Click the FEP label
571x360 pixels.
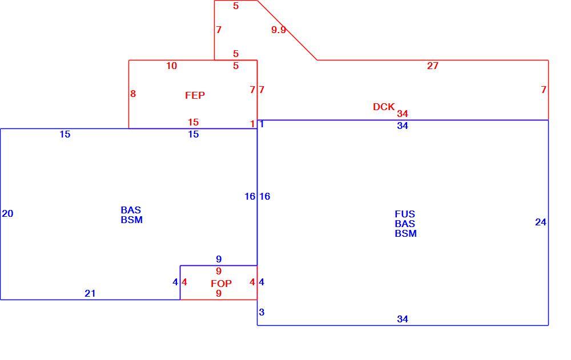pyautogui.click(x=195, y=95)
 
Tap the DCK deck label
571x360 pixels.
pyautogui.click(x=384, y=107)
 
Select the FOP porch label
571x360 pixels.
pyautogui.click(x=221, y=283)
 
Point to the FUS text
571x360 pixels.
pyautogui.click(x=405, y=214)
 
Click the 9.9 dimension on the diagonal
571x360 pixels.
pyautogui.click(x=279, y=30)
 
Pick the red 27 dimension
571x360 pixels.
pyautogui.click(x=433, y=66)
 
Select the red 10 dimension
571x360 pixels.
pyautogui.click(x=171, y=66)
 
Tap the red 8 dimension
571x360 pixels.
pyautogui.click(x=133, y=94)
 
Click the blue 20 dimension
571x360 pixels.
pyautogui.click(x=7, y=214)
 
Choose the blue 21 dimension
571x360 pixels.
pyautogui.click(x=90, y=293)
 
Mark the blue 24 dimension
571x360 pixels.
pyautogui.click(x=541, y=222)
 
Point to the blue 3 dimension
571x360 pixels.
pyautogui.click(x=262, y=312)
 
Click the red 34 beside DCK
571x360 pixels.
pyautogui.click(x=403, y=114)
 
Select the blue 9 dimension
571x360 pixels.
pyautogui.click(x=219, y=259)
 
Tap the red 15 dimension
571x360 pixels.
pyautogui.click(x=194, y=122)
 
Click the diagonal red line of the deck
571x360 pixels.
pyautogui.click(x=287, y=30)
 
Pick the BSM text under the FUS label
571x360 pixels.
pyautogui.click(x=405, y=234)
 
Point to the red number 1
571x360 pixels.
pyautogui.click(x=252, y=124)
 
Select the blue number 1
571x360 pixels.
pyautogui.click(x=262, y=124)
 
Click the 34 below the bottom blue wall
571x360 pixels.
pyautogui.click(x=403, y=319)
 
